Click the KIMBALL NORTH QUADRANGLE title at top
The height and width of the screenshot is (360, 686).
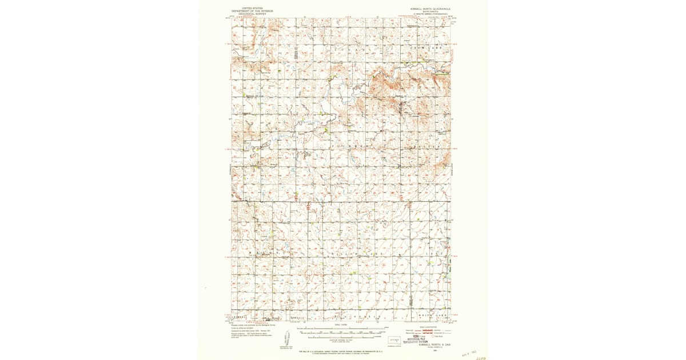[x=430, y=9]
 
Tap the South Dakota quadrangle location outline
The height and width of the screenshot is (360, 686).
[x=394, y=339]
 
